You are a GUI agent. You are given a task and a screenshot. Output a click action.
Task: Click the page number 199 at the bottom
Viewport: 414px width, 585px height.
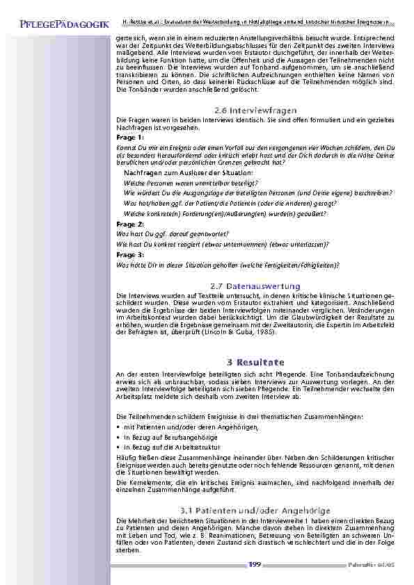255,564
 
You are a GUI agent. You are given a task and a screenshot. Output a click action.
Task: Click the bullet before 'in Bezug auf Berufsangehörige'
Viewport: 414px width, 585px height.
118,437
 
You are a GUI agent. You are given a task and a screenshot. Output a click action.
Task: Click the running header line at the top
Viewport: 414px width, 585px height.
257,23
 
